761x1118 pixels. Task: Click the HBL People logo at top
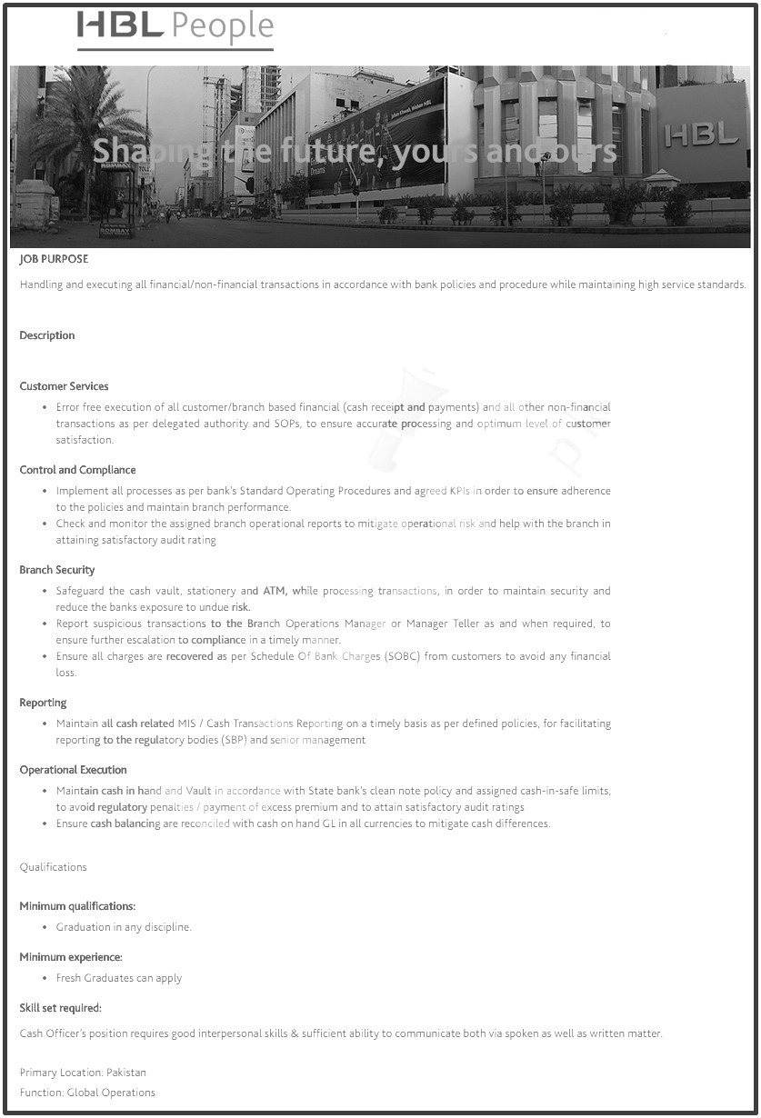(175, 29)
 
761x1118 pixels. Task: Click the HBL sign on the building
(701, 135)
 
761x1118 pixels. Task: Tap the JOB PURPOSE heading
(54, 259)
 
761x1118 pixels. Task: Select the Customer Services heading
(64, 386)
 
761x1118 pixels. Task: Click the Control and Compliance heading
(77, 470)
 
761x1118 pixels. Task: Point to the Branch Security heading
(57, 570)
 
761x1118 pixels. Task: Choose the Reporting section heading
(43, 703)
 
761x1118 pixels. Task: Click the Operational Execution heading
(73, 770)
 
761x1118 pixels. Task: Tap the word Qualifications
(53, 867)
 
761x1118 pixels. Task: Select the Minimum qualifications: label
(77, 906)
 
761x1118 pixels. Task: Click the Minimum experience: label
(71, 957)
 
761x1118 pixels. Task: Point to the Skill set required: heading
(60, 1008)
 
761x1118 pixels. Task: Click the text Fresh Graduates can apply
(119, 978)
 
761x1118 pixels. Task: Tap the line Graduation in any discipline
(124, 927)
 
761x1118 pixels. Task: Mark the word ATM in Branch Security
(275, 591)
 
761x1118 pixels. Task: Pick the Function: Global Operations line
(87, 1093)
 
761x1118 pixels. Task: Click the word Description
(47, 335)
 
